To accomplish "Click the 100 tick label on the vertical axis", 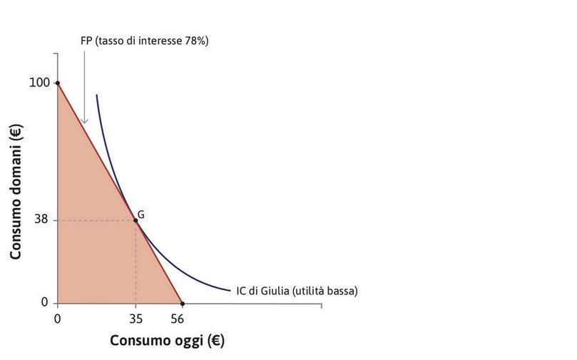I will tap(39, 83).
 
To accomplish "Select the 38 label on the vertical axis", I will tap(41, 220).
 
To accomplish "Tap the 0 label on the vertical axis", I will tap(44, 303).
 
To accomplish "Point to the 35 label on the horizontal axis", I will tap(136, 318).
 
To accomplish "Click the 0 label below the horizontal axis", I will tap(57, 318).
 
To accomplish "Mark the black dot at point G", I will tap(136, 220).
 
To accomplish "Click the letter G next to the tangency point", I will tap(141, 213).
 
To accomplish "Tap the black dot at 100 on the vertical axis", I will tap(57, 83).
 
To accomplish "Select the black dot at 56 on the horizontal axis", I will tap(183, 303).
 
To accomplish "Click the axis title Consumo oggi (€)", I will tap(167, 341).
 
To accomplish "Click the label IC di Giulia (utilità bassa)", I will tap(297, 291).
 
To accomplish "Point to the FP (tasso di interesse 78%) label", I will tap(144, 41).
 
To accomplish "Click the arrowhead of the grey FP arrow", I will tap(84, 120).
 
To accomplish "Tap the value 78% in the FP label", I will tap(194, 41).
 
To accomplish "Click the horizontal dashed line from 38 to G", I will tap(96, 220).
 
